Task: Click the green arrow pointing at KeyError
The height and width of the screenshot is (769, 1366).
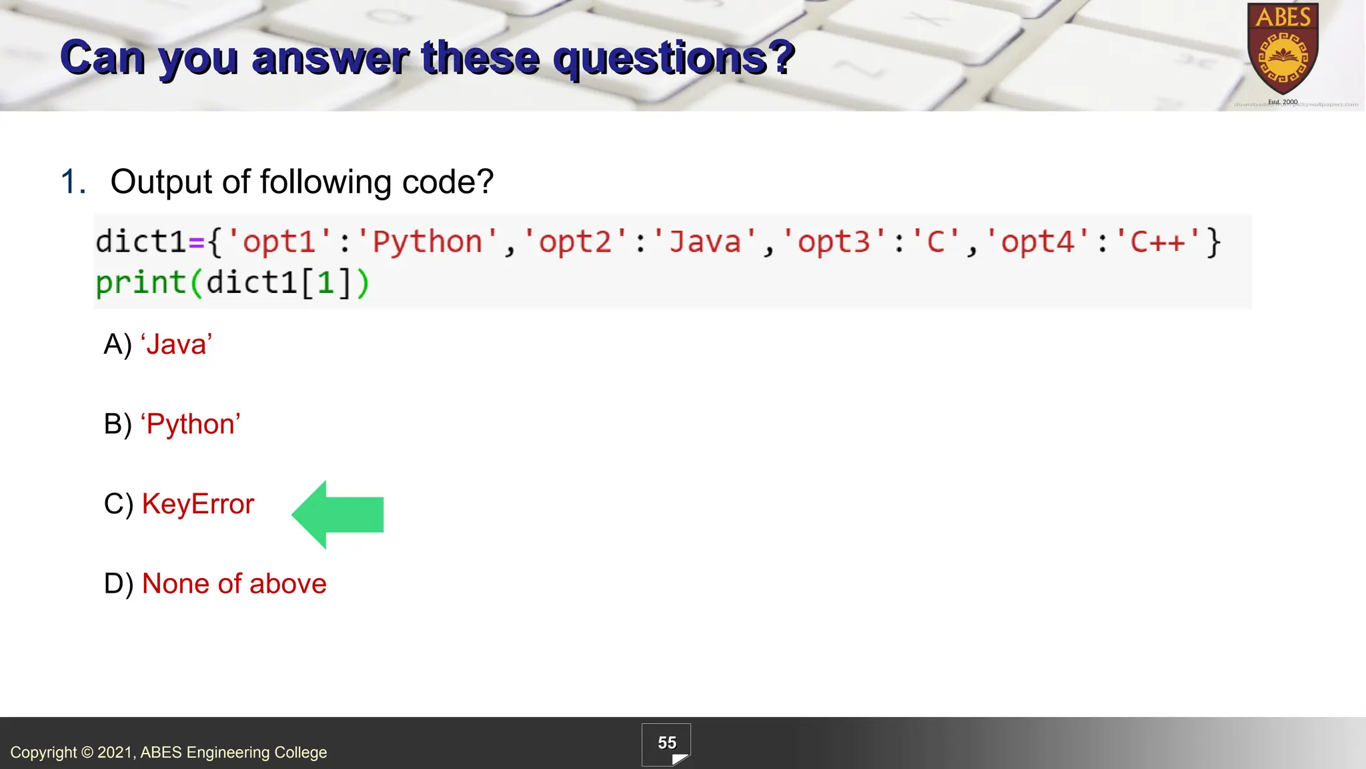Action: (338, 515)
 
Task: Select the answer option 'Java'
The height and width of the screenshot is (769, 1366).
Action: (177, 344)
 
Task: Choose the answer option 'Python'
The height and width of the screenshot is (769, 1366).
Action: (191, 424)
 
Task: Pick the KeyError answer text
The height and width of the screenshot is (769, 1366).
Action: (198, 504)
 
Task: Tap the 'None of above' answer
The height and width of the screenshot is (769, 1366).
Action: (234, 584)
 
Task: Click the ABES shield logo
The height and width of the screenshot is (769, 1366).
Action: (1283, 50)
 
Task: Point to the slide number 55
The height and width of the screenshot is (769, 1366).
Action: (666, 743)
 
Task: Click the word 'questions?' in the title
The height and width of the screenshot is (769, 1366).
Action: (674, 58)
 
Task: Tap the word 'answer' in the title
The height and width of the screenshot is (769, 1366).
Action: (330, 58)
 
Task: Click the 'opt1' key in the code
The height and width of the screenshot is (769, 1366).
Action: (279, 242)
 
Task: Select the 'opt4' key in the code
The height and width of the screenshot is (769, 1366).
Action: (1037, 242)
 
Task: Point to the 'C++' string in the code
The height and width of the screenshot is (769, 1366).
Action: (1158, 242)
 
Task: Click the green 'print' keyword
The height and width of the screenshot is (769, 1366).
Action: (141, 283)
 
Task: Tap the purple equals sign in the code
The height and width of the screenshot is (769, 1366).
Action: (196, 242)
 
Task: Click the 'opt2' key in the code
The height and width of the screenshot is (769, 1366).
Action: (575, 242)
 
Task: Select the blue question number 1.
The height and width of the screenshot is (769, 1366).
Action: (72, 182)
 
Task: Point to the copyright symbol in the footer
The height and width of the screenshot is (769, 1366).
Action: (87, 752)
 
